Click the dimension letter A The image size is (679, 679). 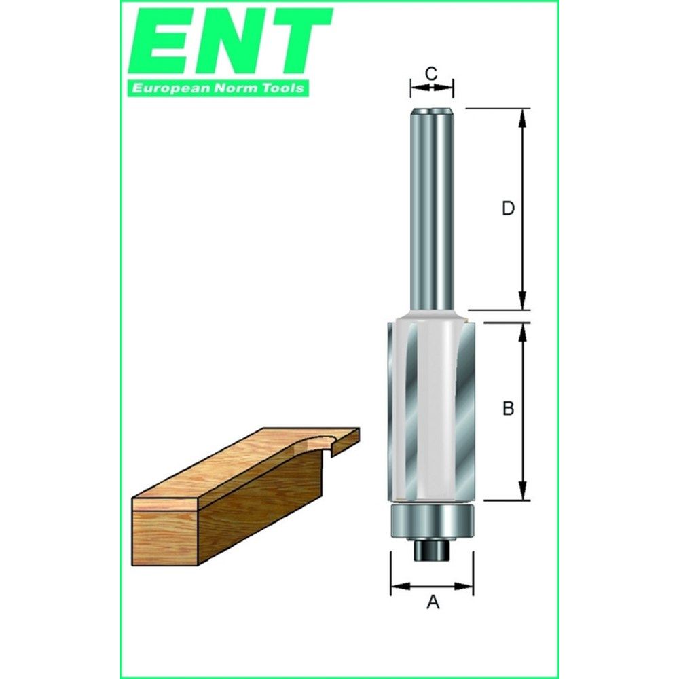[432, 602]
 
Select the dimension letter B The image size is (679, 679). [507, 409]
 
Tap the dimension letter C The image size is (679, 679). [430, 73]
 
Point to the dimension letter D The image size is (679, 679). [507, 208]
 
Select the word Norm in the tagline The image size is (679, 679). [234, 88]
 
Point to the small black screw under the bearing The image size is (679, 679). [432, 550]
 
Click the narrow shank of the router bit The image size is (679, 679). [432, 204]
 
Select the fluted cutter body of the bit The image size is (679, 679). [432, 407]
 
